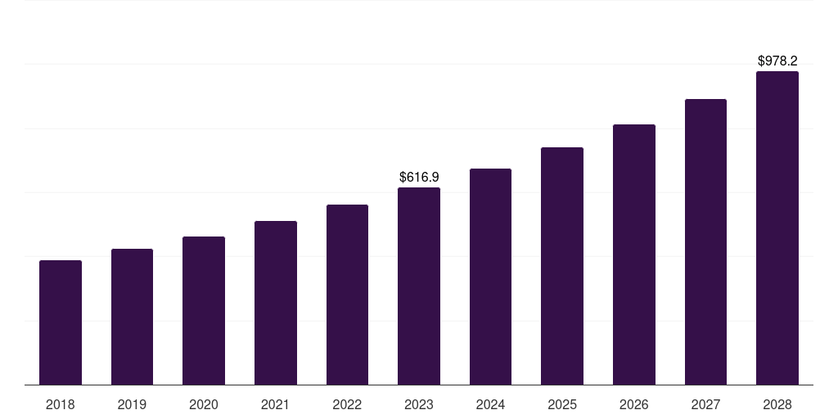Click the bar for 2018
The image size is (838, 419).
(x=61, y=322)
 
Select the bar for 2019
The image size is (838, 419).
(x=132, y=317)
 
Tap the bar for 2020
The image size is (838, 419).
(x=204, y=311)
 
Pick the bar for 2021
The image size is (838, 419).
(x=276, y=303)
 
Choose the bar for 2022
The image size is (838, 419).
(x=347, y=295)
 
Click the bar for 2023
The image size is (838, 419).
(x=419, y=286)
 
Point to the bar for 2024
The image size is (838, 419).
(x=490, y=277)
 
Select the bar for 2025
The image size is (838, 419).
(x=562, y=266)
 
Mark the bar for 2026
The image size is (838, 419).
(x=634, y=255)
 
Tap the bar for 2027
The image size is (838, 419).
(x=705, y=242)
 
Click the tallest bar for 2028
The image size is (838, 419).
(x=777, y=228)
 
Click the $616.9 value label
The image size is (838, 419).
(x=419, y=177)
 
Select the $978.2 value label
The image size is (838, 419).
(x=777, y=61)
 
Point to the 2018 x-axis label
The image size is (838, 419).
(x=61, y=404)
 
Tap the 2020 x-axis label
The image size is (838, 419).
(x=204, y=404)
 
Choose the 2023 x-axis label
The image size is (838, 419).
(x=419, y=404)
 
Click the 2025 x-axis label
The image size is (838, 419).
(x=562, y=404)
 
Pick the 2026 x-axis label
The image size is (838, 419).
(x=634, y=404)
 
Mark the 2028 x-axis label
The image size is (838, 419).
(x=777, y=404)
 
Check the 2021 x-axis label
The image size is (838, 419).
(x=276, y=404)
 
